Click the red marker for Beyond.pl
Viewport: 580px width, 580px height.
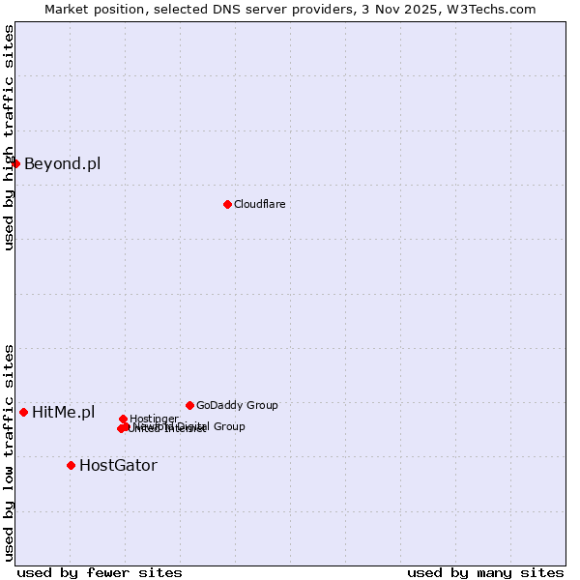coord(16,163)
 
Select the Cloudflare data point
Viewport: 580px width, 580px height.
coord(227,204)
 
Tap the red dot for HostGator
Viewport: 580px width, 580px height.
coord(71,465)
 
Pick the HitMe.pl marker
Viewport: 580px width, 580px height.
coord(24,412)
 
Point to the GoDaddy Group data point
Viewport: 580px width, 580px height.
coord(189,405)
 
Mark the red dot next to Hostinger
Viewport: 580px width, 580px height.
coord(123,419)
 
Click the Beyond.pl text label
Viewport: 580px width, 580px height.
coord(62,163)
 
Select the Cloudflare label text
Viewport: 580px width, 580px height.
coord(259,204)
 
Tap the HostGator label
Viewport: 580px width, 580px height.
coord(118,465)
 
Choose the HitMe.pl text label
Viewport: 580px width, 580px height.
coord(64,413)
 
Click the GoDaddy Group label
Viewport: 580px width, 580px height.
coord(237,405)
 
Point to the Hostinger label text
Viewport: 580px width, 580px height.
coord(154,419)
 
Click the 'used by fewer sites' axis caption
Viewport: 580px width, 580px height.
coord(100,572)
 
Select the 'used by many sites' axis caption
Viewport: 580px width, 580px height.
coord(485,572)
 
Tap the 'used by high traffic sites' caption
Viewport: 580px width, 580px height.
coord(9,137)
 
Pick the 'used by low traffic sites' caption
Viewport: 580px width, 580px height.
coord(9,451)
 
